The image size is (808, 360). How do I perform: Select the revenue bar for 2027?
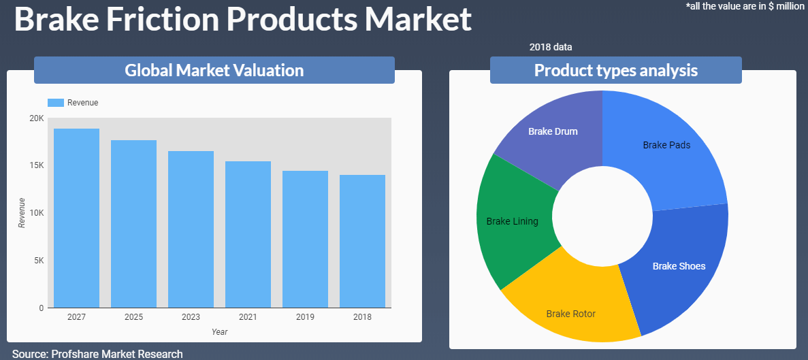pyautogui.click(x=77, y=218)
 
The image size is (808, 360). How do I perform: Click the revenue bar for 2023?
pyautogui.click(x=191, y=229)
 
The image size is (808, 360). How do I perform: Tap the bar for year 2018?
pyautogui.click(x=362, y=242)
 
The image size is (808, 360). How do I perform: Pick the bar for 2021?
pyautogui.click(x=248, y=234)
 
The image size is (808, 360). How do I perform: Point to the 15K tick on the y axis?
pyautogui.click(x=37, y=165)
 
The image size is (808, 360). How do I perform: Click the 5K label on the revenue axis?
pyautogui.click(x=39, y=261)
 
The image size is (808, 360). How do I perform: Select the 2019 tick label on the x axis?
pyautogui.click(x=305, y=316)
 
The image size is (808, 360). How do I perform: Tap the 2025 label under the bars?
pyautogui.click(x=133, y=316)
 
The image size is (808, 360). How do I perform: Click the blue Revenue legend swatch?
pyautogui.click(x=55, y=103)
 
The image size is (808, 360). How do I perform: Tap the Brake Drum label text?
pyautogui.click(x=553, y=131)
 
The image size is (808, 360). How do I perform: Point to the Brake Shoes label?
pyautogui.click(x=679, y=266)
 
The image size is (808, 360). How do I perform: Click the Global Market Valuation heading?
pyautogui.click(x=214, y=70)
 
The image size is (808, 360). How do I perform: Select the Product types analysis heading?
pyautogui.click(x=616, y=70)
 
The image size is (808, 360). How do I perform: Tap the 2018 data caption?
pyautogui.click(x=550, y=48)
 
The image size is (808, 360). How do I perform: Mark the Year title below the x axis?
pyautogui.click(x=219, y=331)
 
